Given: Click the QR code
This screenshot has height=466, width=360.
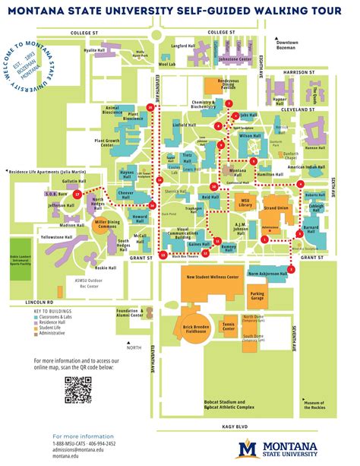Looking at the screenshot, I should pyautogui.click(x=78, y=389).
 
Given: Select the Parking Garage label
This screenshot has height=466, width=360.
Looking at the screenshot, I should pyautogui.click(x=257, y=294).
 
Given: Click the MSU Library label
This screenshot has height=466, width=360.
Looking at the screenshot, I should pyautogui.click(x=244, y=203).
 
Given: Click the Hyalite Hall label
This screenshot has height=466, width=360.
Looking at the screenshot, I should pyautogui.click(x=94, y=50).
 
